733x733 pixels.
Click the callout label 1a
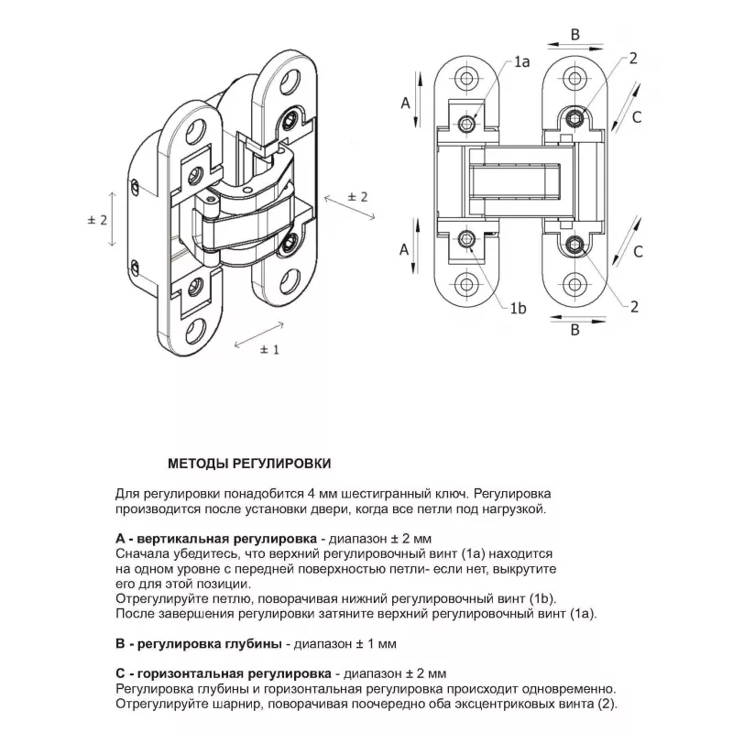pyautogui.click(x=522, y=62)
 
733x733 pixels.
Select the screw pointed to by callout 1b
pyautogui.click(x=468, y=241)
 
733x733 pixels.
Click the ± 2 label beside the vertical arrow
pyautogui.click(x=97, y=220)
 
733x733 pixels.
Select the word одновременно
pyautogui.click(x=569, y=689)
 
